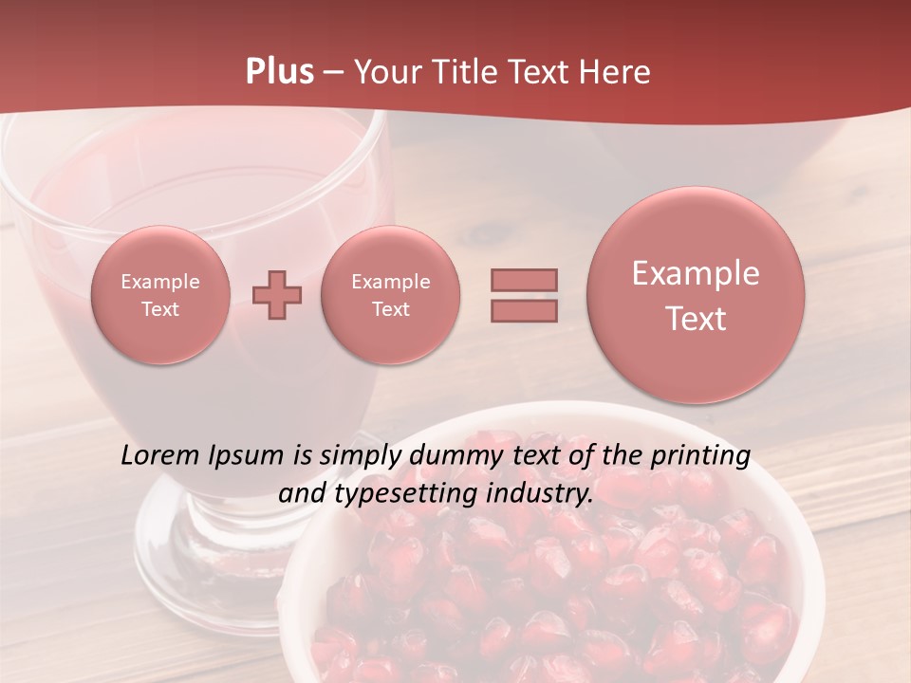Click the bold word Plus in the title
pyautogui.click(x=279, y=72)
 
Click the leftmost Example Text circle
pyautogui.click(x=159, y=295)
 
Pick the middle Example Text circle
pyautogui.click(x=390, y=295)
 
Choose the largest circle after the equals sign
pyautogui.click(x=696, y=295)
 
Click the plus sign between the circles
pyautogui.click(x=277, y=295)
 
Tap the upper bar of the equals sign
pyautogui.click(x=524, y=280)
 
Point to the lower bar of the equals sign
pyautogui.click(x=524, y=310)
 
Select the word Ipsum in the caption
pyautogui.click(x=248, y=456)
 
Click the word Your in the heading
pyautogui.click(x=387, y=72)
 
